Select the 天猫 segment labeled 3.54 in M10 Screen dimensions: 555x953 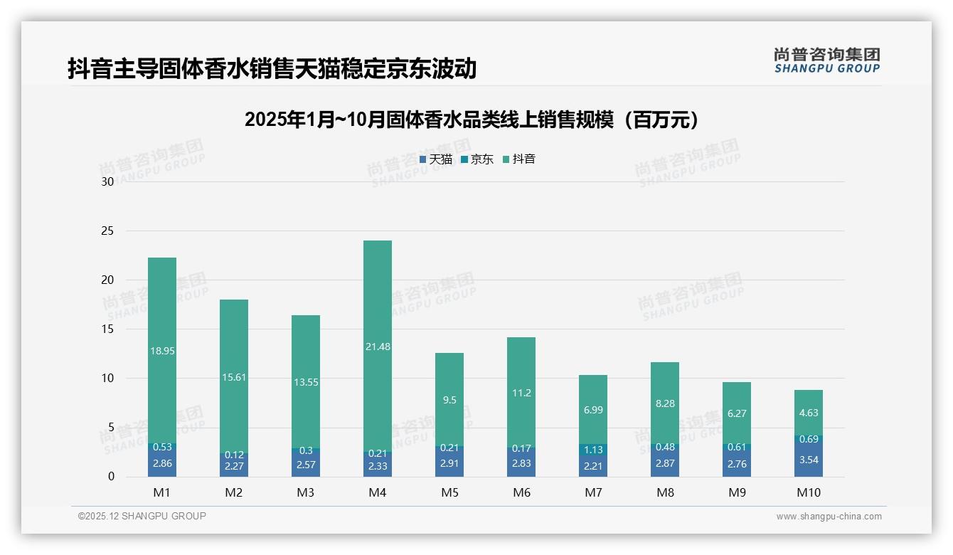click(x=809, y=460)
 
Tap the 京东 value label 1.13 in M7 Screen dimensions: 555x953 click(x=593, y=450)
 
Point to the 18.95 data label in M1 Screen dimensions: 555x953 click(x=162, y=351)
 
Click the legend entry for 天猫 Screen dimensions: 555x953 click(x=436, y=159)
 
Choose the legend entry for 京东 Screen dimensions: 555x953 click(x=477, y=159)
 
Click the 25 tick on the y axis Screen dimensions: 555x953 click(x=107, y=231)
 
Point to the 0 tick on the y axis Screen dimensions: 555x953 click(x=111, y=477)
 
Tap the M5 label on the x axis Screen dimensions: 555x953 click(x=449, y=492)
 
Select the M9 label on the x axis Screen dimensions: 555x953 click(x=737, y=492)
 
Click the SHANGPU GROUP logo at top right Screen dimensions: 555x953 click(x=827, y=60)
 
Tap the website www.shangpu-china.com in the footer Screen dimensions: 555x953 click(x=829, y=517)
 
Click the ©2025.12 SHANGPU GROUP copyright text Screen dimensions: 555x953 click(x=142, y=517)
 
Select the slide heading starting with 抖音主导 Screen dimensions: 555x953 click(x=272, y=69)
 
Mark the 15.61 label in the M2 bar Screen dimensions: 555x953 click(x=234, y=377)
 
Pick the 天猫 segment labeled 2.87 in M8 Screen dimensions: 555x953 click(x=665, y=463)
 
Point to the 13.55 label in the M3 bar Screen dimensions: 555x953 click(x=306, y=382)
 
